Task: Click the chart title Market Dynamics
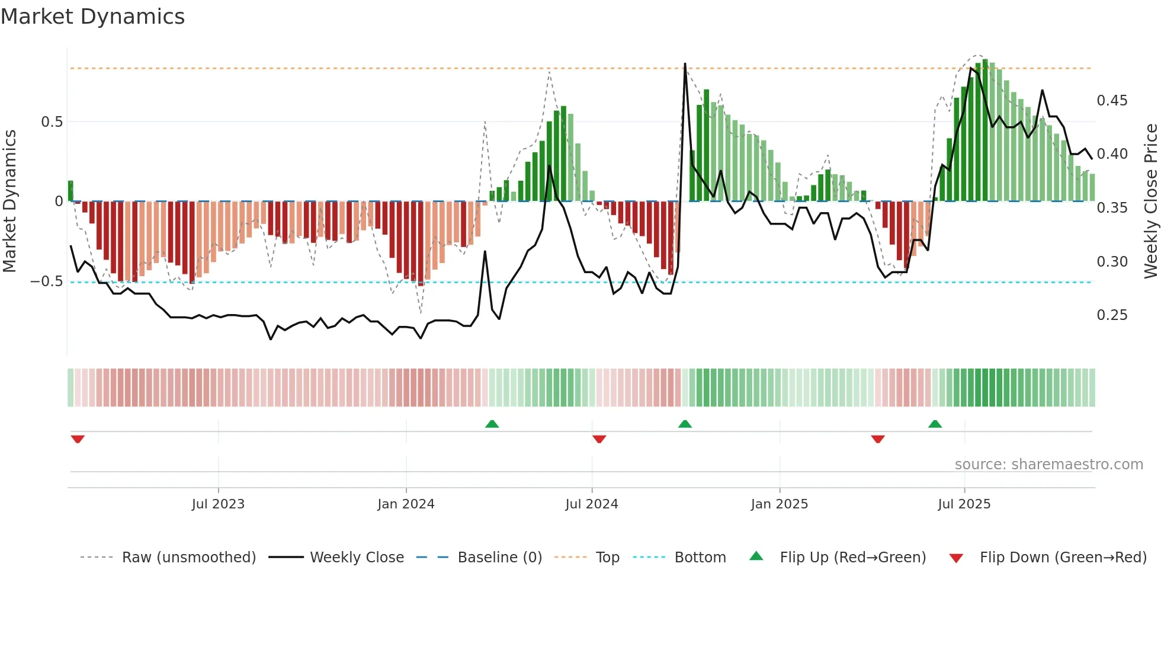(92, 17)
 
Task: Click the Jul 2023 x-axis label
(218, 504)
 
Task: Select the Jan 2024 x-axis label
(406, 504)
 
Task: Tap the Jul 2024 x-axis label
(591, 504)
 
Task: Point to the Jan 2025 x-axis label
(779, 504)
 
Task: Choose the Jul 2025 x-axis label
(964, 504)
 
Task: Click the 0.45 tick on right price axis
(1112, 101)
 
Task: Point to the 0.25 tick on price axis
(1112, 315)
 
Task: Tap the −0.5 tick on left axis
(46, 281)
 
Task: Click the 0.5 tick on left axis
(52, 122)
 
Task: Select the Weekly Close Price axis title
(1150, 201)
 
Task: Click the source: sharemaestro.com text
(1048, 465)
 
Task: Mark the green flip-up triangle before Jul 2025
(935, 424)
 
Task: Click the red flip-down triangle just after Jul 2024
(599, 439)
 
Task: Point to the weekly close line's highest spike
(685, 64)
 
